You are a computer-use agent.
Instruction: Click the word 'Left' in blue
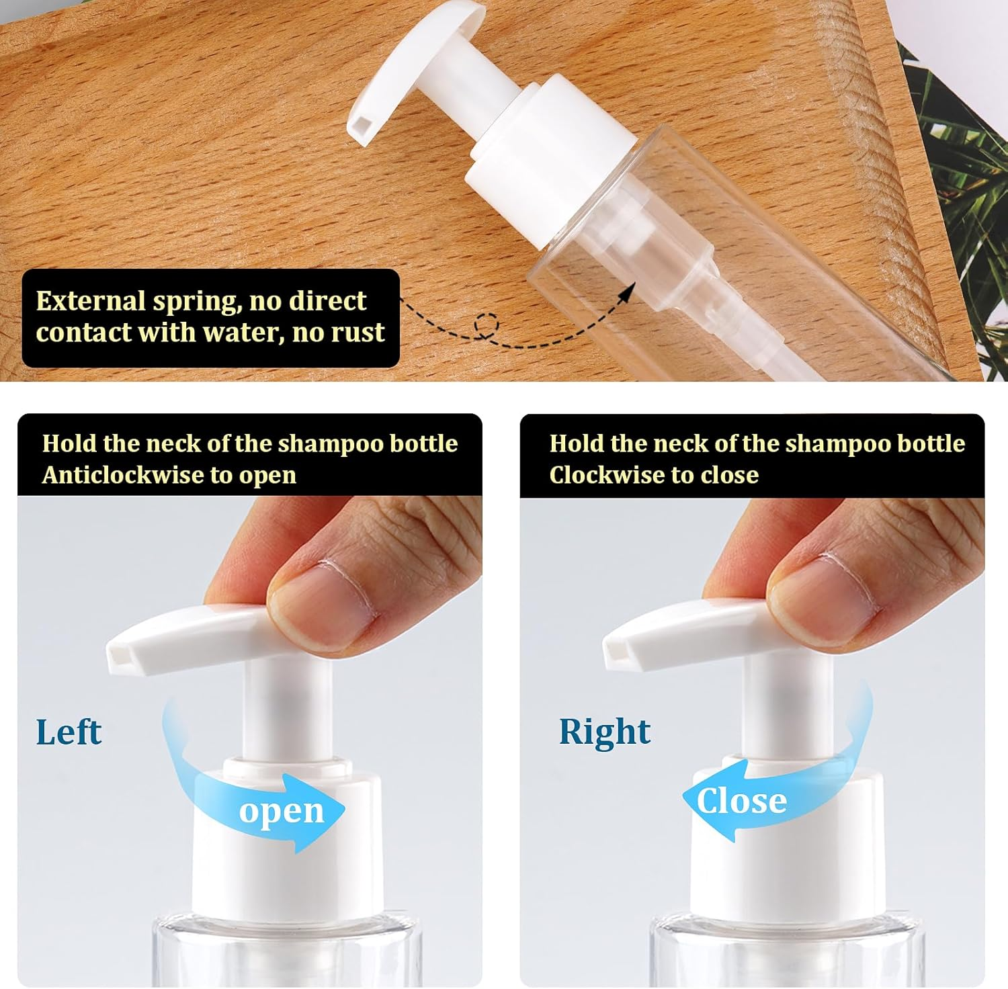click(69, 732)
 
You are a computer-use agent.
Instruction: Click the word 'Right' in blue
click(605, 732)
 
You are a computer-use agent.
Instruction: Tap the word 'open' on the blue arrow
click(282, 812)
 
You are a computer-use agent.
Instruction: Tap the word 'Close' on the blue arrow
click(741, 801)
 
